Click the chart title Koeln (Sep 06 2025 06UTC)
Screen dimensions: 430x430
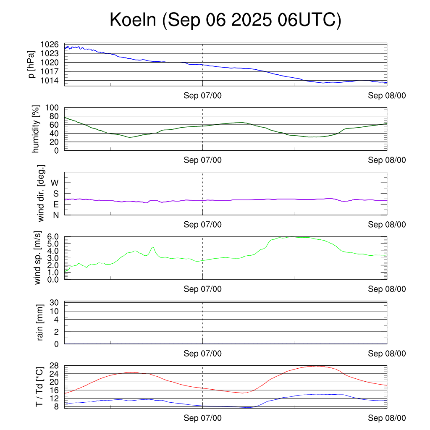(225, 20)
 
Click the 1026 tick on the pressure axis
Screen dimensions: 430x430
(50, 45)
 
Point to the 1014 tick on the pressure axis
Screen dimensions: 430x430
(50, 80)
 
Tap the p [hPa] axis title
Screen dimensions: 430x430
(32, 64)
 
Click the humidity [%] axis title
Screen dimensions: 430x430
(36, 129)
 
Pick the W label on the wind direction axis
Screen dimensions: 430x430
(55, 183)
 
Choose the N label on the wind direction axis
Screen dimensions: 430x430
(55, 215)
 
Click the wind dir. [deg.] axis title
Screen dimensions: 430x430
(41, 193)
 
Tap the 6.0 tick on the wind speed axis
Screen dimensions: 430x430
(52, 236)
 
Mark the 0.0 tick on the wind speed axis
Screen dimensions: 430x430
(52, 279)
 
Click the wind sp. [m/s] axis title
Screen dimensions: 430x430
(38, 257)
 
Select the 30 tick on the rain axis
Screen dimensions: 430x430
(55, 303)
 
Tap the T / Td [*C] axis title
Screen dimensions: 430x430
(39, 386)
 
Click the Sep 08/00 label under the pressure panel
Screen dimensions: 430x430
(387, 96)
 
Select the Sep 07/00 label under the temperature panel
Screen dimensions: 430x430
(203, 418)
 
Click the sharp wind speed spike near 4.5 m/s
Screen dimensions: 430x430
(153, 247)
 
